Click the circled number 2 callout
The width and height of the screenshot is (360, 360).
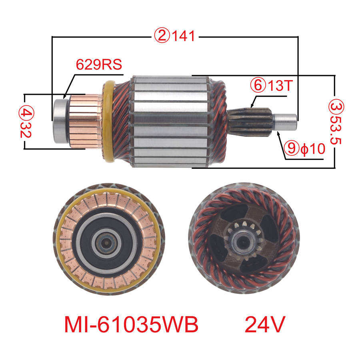[162, 36]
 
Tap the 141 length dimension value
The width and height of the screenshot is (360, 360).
[184, 36]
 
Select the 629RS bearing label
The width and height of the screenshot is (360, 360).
[99, 64]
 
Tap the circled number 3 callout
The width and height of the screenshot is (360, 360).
[336, 107]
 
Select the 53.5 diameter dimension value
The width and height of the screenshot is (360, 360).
[336, 130]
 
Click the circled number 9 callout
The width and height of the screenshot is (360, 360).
[291, 148]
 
